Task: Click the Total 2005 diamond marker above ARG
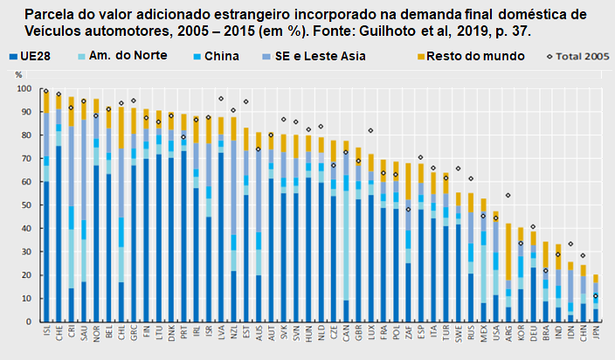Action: pyautogui.click(x=508, y=196)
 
